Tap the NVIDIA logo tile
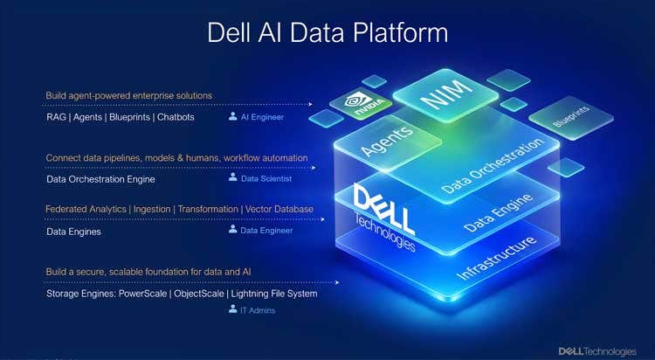[x=361, y=105]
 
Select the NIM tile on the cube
[x=445, y=95]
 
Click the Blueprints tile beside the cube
[x=571, y=117]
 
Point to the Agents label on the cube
[x=387, y=140]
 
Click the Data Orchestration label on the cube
[x=493, y=165]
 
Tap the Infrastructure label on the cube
[x=497, y=259]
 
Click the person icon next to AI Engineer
[x=232, y=116]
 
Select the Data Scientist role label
[x=266, y=178]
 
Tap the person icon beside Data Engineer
[x=232, y=229]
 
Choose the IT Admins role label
[x=258, y=310]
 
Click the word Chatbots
[x=176, y=117]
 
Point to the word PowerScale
[x=143, y=294]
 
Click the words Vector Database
[x=279, y=209]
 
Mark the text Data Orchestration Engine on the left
[x=100, y=179]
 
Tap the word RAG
[x=57, y=117]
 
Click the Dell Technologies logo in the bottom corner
[x=597, y=351]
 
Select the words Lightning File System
[x=274, y=294]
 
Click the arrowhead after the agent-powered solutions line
[x=310, y=104]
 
